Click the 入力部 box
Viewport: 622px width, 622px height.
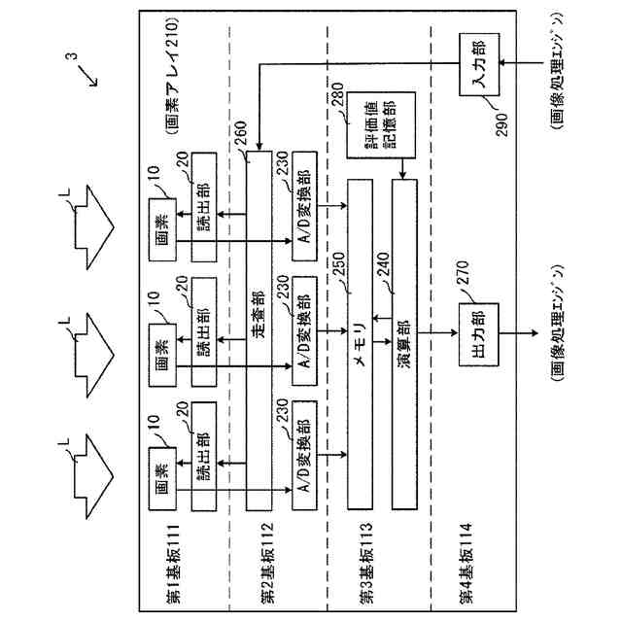tap(479, 64)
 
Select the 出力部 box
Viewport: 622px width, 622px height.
tap(479, 334)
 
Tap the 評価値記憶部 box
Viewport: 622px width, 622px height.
tap(381, 125)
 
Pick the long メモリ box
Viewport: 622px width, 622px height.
tap(360, 344)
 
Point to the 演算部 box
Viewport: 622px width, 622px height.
tap(404, 344)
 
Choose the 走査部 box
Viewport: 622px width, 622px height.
tap(259, 330)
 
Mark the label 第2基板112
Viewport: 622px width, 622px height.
tap(267, 563)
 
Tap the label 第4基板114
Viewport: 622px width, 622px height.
tap(466, 564)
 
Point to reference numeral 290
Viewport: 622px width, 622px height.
tap(501, 125)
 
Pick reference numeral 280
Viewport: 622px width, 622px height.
tap(337, 94)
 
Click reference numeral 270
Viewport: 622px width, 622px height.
tap(463, 272)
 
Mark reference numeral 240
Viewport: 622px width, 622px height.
tap(383, 264)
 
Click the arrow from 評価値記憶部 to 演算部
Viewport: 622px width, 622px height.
tap(402, 169)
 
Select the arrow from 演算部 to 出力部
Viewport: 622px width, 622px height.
tap(438, 333)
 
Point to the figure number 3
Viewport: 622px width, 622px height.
tap(72, 56)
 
